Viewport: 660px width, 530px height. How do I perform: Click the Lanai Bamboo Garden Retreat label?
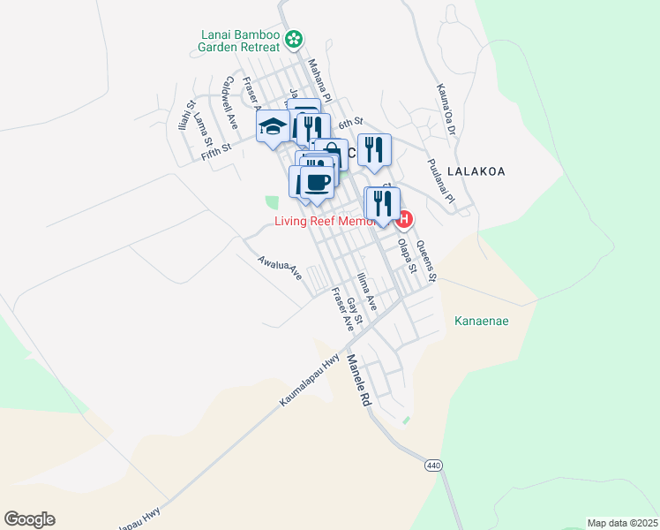click(240, 42)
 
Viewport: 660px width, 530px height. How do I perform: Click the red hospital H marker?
click(405, 219)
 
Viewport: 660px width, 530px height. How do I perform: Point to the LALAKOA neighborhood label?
click(476, 171)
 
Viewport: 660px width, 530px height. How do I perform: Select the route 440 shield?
click(433, 465)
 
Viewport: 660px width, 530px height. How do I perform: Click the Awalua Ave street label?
click(280, 269)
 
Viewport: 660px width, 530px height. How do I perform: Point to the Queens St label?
click(426, 261)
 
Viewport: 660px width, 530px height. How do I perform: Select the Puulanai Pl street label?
click(440, 181)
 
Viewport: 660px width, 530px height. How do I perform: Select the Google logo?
click(29, 519)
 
